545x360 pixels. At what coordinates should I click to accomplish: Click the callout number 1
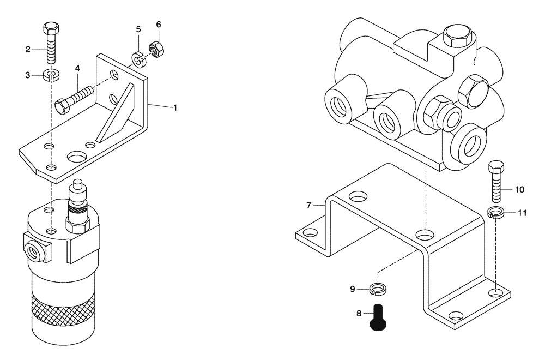click(x=175, y=108)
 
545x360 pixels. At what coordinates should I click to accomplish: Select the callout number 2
click(x=28, y=50)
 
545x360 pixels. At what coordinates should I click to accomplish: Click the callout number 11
click(x=522, y=213)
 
